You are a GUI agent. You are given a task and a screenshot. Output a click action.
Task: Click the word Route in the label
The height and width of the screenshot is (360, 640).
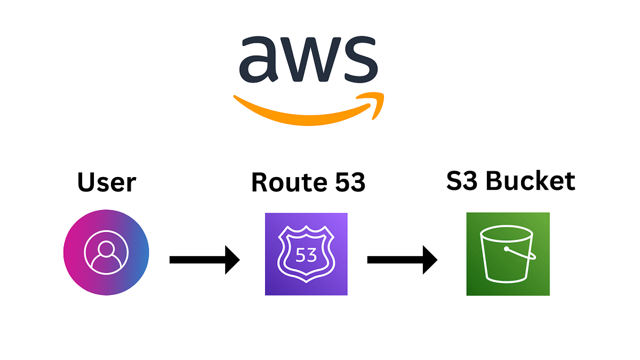[284, 182]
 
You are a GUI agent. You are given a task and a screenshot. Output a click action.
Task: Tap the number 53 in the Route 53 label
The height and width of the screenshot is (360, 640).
[347, 182]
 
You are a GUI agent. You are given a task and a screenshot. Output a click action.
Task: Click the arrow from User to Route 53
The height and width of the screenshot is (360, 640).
[204, 260]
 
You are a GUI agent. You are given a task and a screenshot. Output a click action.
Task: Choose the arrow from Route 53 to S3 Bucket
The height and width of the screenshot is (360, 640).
[402, 260]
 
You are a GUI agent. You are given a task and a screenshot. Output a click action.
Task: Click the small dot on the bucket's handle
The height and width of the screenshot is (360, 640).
[506, 249]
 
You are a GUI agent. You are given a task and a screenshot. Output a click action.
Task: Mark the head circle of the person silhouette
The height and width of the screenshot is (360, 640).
[106, 248]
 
